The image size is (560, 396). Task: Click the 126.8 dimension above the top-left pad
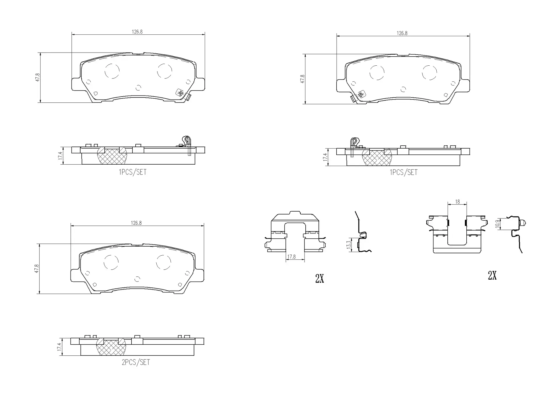click(x=137, y=32)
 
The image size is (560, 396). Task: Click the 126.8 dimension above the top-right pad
click(x=402, y=33)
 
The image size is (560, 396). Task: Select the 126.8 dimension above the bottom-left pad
click(x=136, y=223)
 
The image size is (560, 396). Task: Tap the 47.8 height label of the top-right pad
click(x=302, y=79)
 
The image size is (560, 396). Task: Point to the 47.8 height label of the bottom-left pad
click(x=37, y=268)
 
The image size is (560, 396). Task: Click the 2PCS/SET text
click(x=136, y=362)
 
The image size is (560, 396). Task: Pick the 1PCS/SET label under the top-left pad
click(x=132, y=172)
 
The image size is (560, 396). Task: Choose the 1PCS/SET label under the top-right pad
click(x=404, y=172)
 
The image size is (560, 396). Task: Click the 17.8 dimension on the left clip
click(x=291, y=257)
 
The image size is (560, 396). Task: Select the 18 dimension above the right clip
click(x=457, y=202)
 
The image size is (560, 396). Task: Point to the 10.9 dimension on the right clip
click(x=497, y=224)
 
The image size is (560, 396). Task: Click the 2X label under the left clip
click(x=319, y=279)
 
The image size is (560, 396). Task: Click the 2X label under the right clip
click(x=492, y=275)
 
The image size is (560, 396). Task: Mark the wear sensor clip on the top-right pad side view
click(x=354, y=144)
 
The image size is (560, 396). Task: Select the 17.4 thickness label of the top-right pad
click(x=325, y=157)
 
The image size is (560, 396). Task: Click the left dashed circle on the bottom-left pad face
click(x=111, y=262)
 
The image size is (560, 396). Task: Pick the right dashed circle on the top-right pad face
click(x=429, y=73)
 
